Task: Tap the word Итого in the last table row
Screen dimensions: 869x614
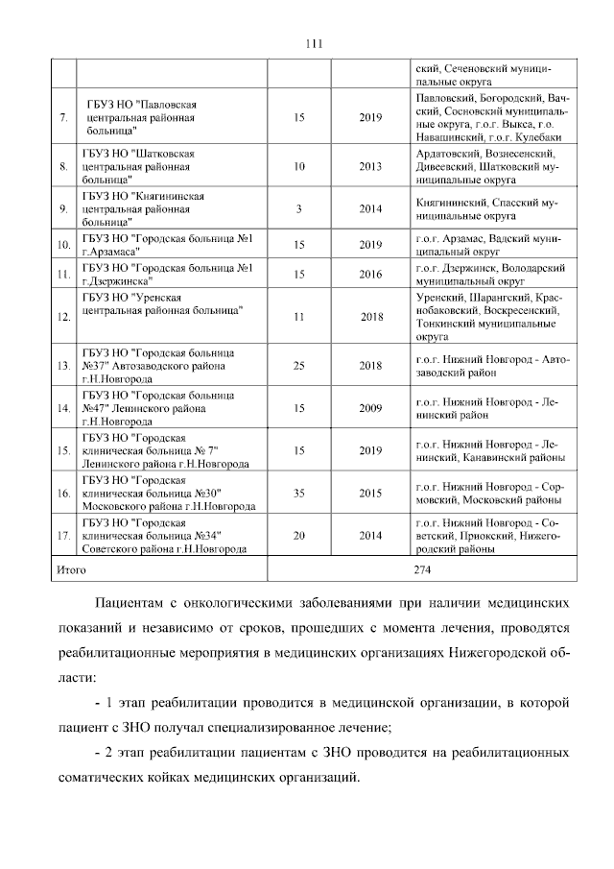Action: tap(72, 569)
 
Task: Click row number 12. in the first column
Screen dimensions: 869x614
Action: tap(63, 316)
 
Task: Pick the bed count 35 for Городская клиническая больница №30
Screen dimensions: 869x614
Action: tap(299, 494)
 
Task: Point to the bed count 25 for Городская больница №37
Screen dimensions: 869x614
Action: tap(299, 366)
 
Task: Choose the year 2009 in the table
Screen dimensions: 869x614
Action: tap(370, 408)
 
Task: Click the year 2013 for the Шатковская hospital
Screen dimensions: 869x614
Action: tap(370, 166)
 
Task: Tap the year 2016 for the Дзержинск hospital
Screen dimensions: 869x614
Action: tap(370, 274)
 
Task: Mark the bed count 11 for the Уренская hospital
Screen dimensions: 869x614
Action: tap(299, 316)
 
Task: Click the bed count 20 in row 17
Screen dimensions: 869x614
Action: tap(299, 536)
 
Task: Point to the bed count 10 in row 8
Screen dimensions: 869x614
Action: tap(299, 166)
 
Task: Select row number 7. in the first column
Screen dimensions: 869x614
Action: tap(63, 118)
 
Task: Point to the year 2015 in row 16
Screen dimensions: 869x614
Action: tap(370, 494)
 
